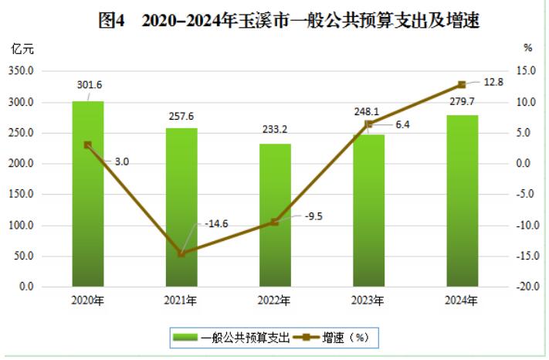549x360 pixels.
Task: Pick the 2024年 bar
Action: (x=462, y=201)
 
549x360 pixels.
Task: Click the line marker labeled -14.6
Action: (x=181, y=253)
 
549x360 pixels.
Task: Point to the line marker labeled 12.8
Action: (x=462, y=84)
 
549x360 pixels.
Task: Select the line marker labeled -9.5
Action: (x=275, y=222)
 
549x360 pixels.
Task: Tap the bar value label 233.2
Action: (x=275, y=129)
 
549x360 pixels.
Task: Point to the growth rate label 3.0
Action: (x=121, y=161)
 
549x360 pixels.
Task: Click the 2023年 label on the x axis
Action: (x=368, y=301)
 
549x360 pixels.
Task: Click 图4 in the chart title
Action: (x=114, y=21)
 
